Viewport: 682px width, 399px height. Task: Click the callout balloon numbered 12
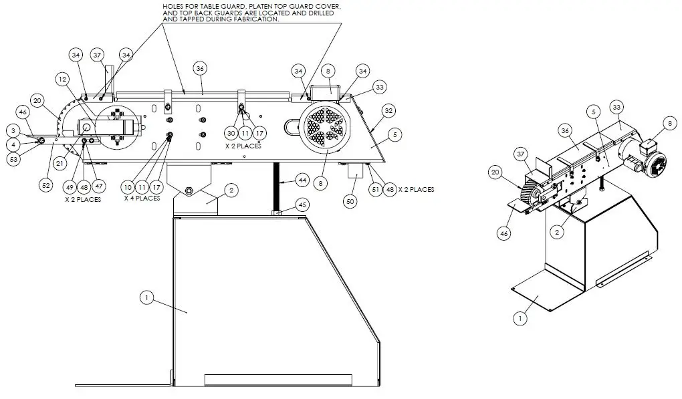[62, 79]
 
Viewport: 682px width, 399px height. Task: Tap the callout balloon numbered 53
[13, 158]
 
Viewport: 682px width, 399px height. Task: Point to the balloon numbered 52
[45, 185]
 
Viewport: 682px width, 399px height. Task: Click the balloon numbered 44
[302, 180]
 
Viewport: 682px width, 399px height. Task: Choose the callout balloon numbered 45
[302, 205]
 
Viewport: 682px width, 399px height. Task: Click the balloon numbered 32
[388, 110]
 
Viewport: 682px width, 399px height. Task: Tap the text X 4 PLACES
[142, 198]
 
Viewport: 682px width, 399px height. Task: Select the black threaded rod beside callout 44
[275, 187]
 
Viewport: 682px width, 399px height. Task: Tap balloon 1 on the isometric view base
[520, 318]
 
